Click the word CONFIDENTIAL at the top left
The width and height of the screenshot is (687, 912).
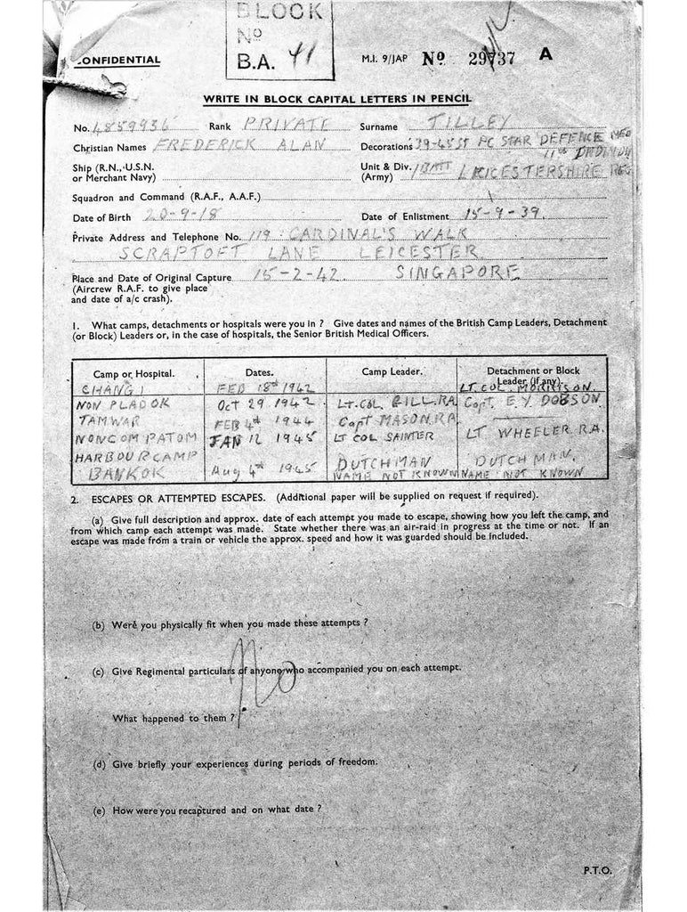pyautogui.click(x=118, y=61)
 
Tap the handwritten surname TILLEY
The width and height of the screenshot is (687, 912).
pyautogui.click(x=481, y=123)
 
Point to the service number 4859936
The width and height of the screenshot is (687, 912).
pyautogui.click(x=126, y=127)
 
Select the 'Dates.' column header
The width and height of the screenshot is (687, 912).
pyautogui.click(x=264, y=371)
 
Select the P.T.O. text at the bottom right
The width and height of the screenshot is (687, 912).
pyautogui.click(x=597, y=869)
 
